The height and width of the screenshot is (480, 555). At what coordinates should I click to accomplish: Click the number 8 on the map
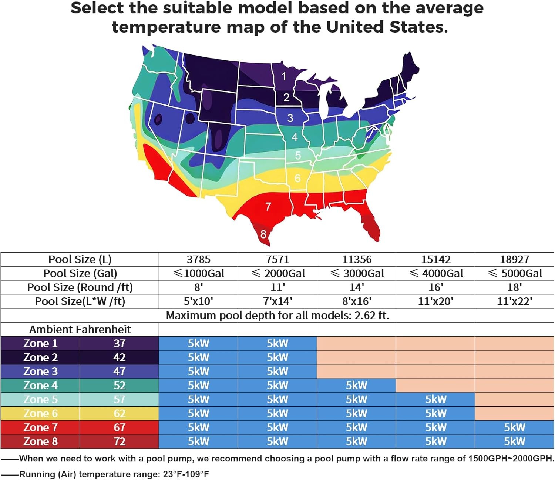pyautogui.click(x=263, y=234)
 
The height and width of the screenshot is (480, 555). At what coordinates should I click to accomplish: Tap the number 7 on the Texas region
pyautogui.click(x=268, y=206)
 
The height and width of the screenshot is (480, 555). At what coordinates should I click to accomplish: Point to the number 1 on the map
pyautogui.click(x=284, y=76)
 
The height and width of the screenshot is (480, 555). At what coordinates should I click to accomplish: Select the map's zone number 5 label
pyautogui.click(x=298, y=156)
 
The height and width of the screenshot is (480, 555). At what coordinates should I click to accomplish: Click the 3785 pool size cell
pyautogui.click(x=198, y=259)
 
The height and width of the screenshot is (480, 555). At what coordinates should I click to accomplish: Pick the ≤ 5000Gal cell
pyautogui.click(x=515, y=273)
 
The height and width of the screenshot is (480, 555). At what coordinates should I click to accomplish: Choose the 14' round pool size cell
pyautogui.click(x=357, y=287)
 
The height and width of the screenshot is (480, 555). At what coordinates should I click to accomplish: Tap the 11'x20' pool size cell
pyautogui.click(x=435, y=301)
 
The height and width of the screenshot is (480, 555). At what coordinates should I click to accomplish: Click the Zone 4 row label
pyautogui.click(x=40, y=386)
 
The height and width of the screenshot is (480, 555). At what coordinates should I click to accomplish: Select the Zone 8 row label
pyautogui.click(x=40, y=441)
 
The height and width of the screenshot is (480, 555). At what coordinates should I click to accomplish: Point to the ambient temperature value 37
pyautogui.click(x=119, y=343)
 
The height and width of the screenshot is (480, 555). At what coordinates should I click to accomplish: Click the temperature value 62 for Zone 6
pyautogui.click(x=119, y=413)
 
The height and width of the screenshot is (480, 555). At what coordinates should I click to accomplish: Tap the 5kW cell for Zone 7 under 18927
pyautogui.click(x=514, y=427)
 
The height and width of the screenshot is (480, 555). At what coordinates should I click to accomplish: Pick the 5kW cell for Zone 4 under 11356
pyautogui.click(x=356, y=386)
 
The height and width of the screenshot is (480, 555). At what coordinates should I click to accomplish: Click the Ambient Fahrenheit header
pyautogui.click(x=80, y=329)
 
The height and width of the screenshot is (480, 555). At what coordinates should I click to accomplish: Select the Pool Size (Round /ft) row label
pyautogui.click(x=80, y=287)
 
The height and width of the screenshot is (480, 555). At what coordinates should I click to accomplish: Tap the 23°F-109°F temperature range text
pyautogui.click(x=186, y=474)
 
